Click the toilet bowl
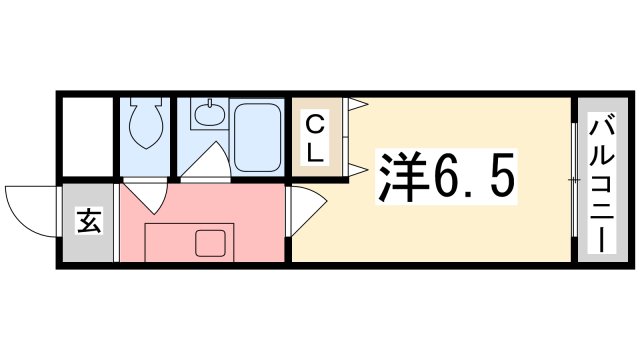tap(147, 124)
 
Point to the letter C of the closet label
tap(314, 125)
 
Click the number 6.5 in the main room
tap(473, 179)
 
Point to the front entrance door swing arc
tap(30, 206)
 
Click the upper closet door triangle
tap(355, 104)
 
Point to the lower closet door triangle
tap(355, 168)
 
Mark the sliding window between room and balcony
tap(573, 180)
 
